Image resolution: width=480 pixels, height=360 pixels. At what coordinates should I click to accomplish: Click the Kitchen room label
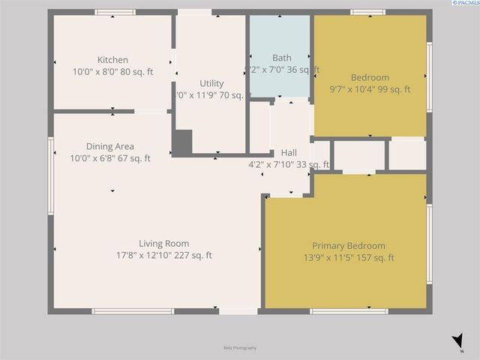[112, 60]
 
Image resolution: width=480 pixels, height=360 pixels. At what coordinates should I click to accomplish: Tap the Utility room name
[211, 83]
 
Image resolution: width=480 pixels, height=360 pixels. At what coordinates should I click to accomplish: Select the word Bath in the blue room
[282, 58]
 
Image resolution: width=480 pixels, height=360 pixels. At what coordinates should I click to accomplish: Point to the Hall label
[289, 152]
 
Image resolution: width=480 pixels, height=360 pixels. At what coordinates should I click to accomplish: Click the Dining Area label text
[110, 146]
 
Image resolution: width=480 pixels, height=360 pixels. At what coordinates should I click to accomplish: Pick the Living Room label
[163, 243]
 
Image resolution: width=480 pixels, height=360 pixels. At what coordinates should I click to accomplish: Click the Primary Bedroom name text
[349, 245]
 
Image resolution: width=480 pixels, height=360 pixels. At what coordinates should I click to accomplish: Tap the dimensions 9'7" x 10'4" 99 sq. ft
[370, 89]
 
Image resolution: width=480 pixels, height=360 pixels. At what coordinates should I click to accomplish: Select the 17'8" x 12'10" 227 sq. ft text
[163, 255]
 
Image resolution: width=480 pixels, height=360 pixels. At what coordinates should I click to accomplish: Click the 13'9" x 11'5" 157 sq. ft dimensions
[349, 258]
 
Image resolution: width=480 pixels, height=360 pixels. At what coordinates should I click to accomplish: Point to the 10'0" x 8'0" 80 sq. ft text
[112, 72]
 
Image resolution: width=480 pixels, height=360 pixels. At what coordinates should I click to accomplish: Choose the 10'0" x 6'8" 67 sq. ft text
[110, 158]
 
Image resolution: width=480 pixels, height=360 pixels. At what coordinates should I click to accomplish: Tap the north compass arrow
[457, 342]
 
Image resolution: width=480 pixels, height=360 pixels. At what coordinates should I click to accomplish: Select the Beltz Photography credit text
[240, 348]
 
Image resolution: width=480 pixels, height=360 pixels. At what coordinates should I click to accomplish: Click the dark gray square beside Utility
[182, 142]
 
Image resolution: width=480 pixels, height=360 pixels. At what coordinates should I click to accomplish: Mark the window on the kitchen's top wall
[115, 12]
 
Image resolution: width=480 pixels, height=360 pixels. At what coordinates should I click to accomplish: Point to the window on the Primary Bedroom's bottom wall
[348, 311]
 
